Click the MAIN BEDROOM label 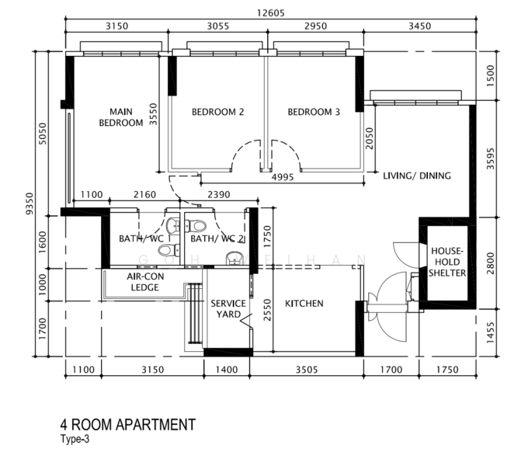coord(121,117)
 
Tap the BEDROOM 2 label coord(217,112)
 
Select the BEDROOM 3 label coord(314,112)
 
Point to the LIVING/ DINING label coord(417,176)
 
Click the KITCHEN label coord(304,304)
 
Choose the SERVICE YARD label coord(228,309)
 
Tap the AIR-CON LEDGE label coord(145,282)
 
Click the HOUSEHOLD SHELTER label coord(447,262)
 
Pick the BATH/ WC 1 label coord(145,238)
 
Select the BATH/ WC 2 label coord(217,238)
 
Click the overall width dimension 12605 coord(271,13)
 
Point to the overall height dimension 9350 coord(30,203)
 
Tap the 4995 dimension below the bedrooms coord(283,177)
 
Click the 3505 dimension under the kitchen coord(307,370)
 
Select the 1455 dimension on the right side coord(491,332)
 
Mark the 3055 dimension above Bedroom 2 coord(218,26)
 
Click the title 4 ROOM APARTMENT coord(128,425)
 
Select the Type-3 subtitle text coord(75,439)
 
